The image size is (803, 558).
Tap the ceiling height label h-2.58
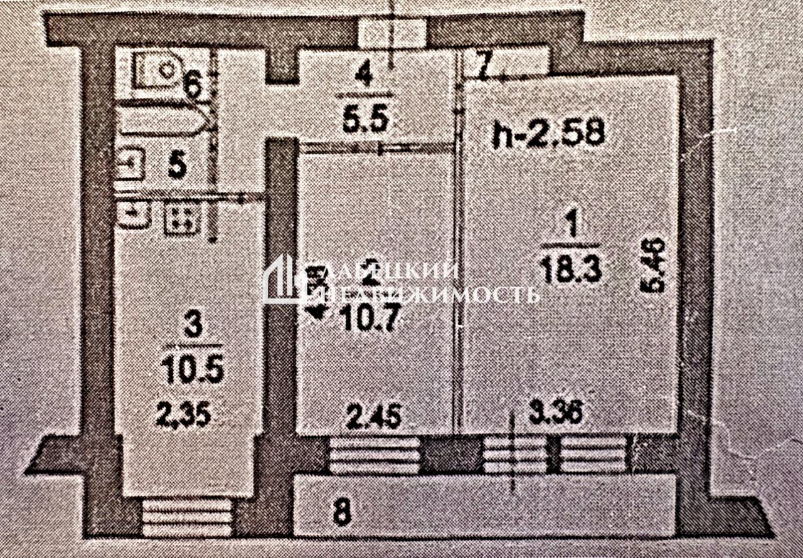click(548, 134)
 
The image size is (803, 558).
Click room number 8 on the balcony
click(341, 513)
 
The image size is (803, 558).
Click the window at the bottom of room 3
click(186, 517)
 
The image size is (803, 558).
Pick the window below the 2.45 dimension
click(375, 455)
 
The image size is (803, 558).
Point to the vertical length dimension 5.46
click(655, 265)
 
